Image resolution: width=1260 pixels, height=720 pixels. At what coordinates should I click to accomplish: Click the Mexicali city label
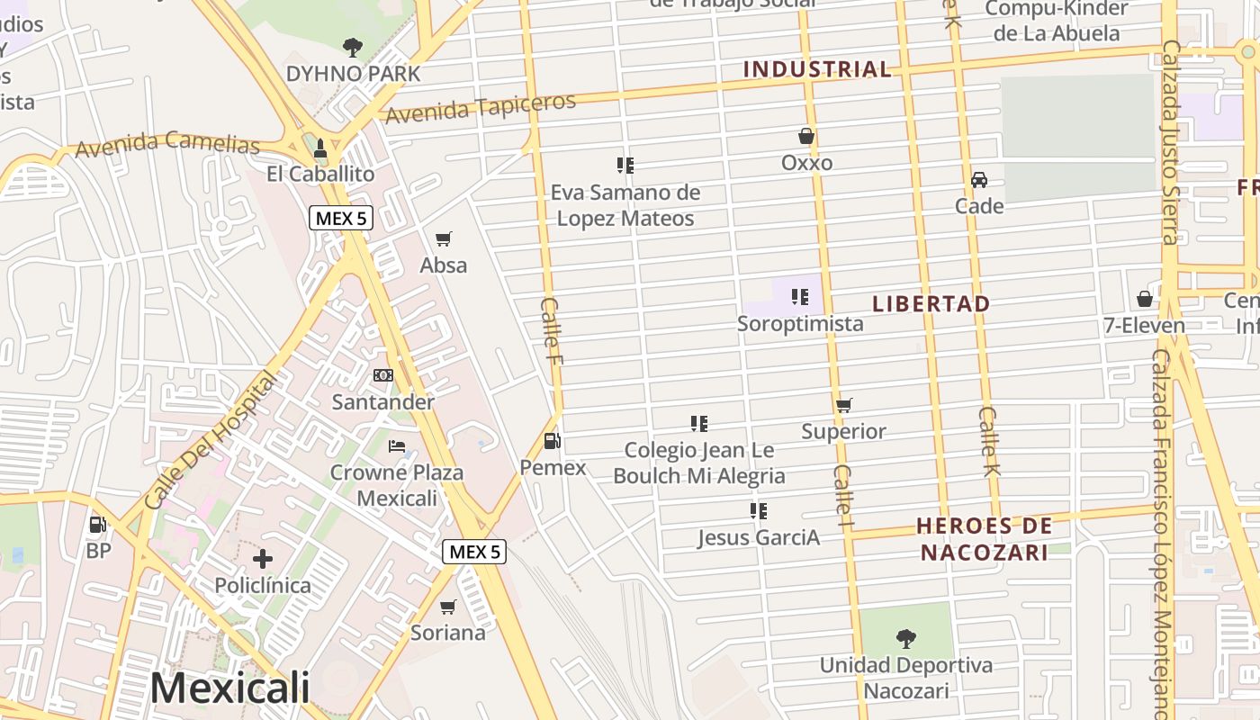(229, 688)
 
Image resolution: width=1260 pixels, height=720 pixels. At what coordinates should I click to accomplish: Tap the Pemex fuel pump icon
(553, 441)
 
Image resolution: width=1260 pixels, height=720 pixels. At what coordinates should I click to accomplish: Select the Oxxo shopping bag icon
(806, 136)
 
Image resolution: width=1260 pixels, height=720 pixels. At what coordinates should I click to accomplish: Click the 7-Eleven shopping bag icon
(1145, 298)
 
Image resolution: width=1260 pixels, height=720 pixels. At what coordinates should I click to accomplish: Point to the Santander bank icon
(383, 374)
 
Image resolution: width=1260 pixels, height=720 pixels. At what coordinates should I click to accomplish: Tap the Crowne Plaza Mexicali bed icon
(397, 445)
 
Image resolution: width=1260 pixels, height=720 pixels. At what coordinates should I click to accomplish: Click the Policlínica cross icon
(263, 559)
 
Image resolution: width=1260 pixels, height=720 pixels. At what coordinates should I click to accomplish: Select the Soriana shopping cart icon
(448, 607)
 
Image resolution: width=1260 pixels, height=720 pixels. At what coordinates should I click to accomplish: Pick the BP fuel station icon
(98, 524)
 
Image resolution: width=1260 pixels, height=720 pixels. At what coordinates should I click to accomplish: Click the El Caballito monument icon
(320, 147)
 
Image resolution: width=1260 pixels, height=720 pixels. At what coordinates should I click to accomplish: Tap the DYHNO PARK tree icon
(353, 47)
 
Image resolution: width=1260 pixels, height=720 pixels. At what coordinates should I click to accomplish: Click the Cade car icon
(979, 179)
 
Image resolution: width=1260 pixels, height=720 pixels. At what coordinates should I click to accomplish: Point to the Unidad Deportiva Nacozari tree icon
(906, 638)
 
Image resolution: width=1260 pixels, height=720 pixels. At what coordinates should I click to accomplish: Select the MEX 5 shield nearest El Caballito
(341, 217)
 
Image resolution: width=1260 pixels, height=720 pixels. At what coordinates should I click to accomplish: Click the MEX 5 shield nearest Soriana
(474, 552)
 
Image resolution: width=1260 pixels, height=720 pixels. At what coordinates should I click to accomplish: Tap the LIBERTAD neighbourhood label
(931, 303)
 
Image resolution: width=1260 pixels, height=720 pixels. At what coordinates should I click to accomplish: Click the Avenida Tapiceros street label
(481, 107)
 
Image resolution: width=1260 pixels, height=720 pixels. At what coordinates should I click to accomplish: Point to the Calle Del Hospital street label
(210, 441)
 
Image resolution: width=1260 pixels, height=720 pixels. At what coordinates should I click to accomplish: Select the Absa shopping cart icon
(444, 238)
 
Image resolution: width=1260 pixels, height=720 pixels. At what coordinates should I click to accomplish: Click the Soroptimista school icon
(800, 296)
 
